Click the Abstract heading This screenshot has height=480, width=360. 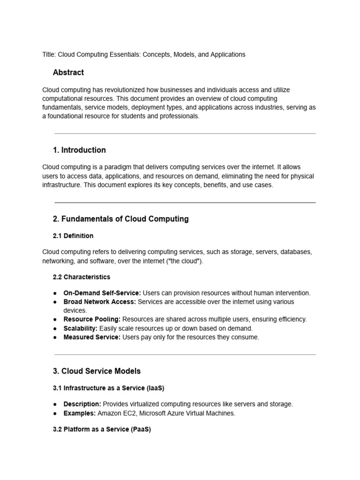68,72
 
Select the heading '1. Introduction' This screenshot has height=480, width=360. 79,150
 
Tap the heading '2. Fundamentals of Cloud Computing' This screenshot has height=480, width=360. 121,219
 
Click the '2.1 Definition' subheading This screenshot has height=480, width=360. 73,236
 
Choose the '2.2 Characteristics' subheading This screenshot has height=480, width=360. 82,277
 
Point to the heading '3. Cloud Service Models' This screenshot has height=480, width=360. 97,371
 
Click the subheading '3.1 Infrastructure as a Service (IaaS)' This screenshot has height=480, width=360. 108,388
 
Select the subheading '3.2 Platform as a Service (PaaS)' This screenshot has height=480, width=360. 102,429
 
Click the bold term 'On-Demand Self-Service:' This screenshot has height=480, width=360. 102,293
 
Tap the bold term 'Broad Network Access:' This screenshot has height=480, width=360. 99,302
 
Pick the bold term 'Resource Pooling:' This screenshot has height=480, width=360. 92,319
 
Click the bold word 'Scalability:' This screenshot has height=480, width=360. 81,328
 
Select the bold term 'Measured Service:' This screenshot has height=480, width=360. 92,337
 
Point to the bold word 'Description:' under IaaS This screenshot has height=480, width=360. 82,404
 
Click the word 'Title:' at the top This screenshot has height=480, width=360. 49,54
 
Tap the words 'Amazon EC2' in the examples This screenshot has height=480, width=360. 116,413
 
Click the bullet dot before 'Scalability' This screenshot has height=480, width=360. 55,328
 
